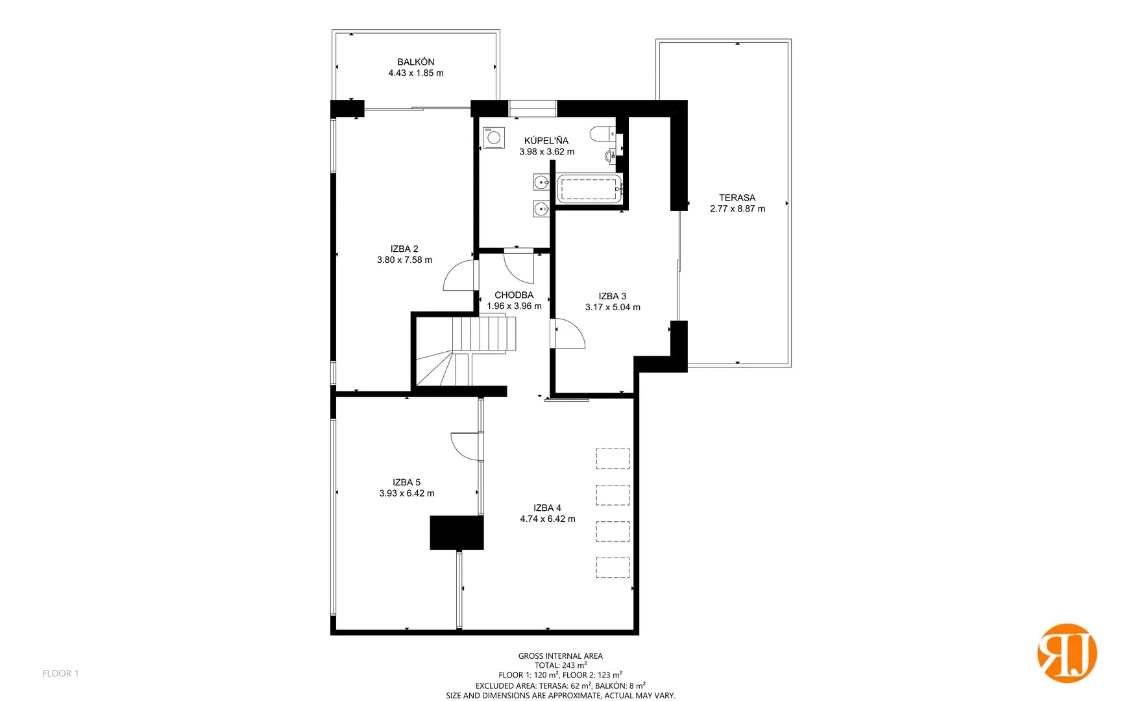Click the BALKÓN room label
(416, 62)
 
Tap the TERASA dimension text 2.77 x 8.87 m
(737, 209)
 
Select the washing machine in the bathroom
(494, 138)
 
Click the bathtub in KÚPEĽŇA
(589, 188)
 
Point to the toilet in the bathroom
(602, 134)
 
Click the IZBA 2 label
(404, 249)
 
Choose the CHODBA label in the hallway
(514, 295)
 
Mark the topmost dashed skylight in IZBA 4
(613, 459)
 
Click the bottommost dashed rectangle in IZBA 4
(613, 568)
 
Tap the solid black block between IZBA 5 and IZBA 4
(457, 533)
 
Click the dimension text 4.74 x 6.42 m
(548, 519)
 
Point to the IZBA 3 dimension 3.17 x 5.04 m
(613, 308)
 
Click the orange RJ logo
(1067, 653)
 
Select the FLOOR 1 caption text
(60, 674)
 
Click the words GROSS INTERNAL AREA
(561, 656)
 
